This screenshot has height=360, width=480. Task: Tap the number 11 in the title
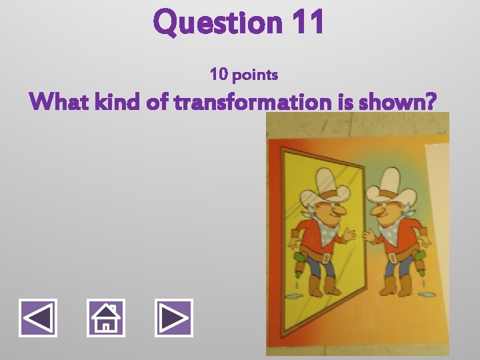307,23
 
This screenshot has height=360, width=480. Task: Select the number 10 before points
219,74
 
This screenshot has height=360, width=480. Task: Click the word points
255,75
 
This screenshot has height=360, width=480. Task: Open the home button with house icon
106,317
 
